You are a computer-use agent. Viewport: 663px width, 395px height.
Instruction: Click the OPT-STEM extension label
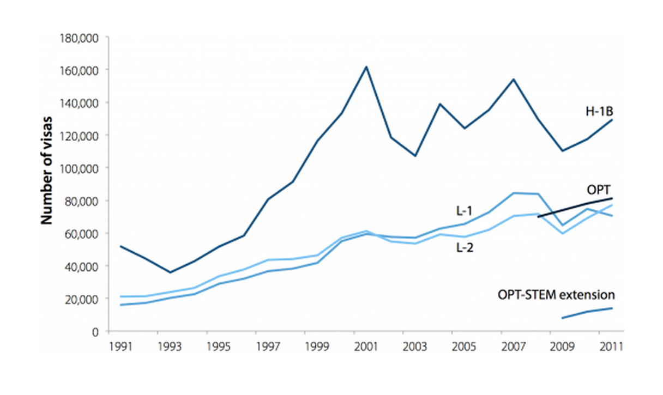(556, 295)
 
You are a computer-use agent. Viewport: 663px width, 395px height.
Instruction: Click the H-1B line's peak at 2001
(366, 67)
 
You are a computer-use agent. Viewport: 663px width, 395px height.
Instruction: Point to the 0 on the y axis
(95, 331)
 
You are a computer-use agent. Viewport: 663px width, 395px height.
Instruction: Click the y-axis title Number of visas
(46, 169)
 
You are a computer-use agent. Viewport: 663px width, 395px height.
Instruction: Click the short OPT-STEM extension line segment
(587, 312)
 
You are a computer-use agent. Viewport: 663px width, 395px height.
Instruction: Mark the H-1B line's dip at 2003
(415, 155)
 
